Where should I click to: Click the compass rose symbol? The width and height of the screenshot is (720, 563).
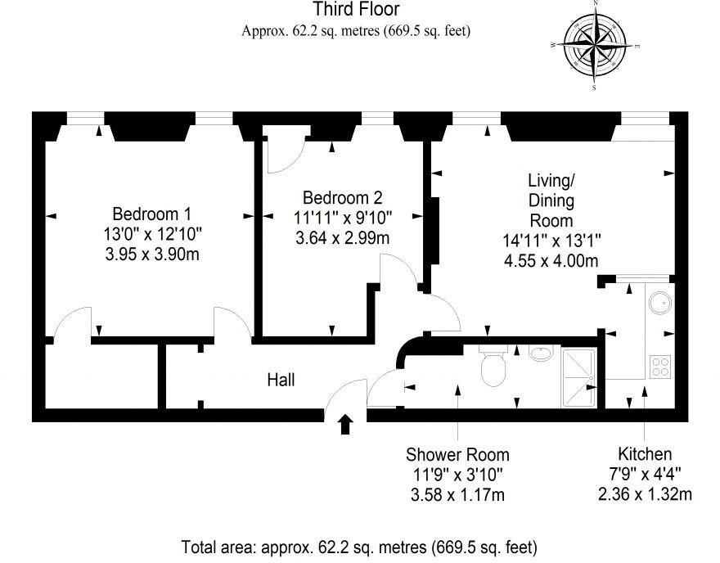point(595,46)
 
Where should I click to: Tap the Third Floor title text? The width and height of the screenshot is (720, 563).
point(357,10)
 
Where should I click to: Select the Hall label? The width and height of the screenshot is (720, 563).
point(281,380)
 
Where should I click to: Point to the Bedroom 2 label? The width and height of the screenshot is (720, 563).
point(342,197)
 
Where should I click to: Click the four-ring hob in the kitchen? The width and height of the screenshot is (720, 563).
point(659,366)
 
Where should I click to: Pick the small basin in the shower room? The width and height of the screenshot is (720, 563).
point(540,354)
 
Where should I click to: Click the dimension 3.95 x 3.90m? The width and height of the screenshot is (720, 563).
point(151,255)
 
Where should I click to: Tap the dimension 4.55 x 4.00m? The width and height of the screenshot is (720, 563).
point(551,262)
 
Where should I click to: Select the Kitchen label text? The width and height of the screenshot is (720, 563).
point(645,453)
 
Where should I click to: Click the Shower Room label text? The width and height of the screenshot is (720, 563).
point(457,454)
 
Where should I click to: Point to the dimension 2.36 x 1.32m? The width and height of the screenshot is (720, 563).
point(645,494)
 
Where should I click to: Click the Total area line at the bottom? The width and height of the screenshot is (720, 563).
point(359,546)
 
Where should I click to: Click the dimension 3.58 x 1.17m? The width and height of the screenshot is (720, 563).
point(457,494)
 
